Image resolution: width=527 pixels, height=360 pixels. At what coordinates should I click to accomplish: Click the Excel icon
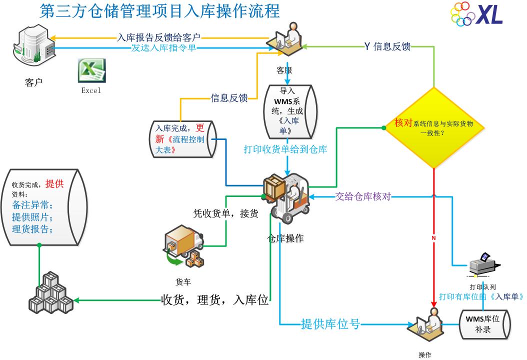[x=91, y=70]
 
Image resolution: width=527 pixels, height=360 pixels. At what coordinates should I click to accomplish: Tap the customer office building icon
[x=34, y=45]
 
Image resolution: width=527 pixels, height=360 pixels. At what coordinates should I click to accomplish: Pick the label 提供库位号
[x=330, y=324]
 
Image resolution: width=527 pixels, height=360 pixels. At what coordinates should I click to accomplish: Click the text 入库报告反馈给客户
[x=158, y=37]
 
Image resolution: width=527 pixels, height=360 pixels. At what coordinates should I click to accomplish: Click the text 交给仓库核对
[x=363, y=196]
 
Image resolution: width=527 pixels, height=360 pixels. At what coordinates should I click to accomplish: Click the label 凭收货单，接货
[x=225, y=213]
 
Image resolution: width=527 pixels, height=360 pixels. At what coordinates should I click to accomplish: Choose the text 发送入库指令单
[x=163, y=48]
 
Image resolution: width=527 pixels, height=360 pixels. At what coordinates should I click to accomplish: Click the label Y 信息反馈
[x=387, y=46]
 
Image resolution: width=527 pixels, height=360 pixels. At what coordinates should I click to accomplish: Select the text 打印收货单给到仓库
[x=285, y=148]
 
